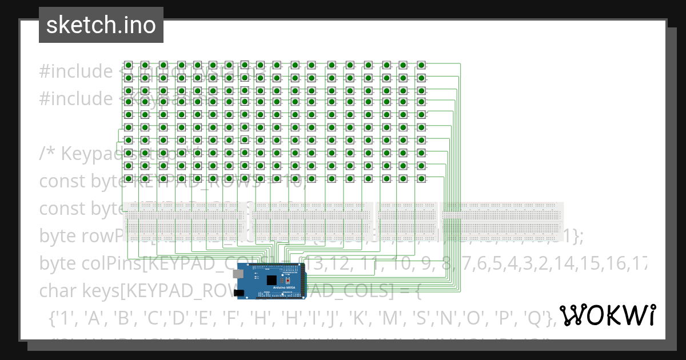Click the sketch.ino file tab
(101, 25)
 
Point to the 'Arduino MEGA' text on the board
(284, 287)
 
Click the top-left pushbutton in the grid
(129, 65)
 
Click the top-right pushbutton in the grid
(421, 65)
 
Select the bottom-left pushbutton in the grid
(129, 178)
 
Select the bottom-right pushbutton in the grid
(421, 178)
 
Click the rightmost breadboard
(502, 222)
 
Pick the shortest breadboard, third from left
(406, 222)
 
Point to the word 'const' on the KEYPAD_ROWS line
(63, 181)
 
